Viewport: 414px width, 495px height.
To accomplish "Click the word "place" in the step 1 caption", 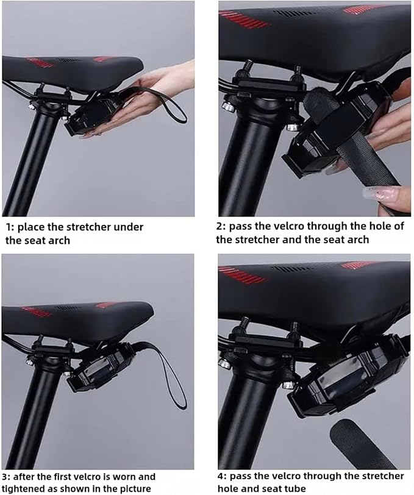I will tap(32, 227).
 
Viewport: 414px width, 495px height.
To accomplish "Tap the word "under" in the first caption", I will tap(128, 227).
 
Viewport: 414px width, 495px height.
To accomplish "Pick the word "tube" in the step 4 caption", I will tap(291, 488).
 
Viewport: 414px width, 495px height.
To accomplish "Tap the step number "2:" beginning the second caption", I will tap(221, 226).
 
